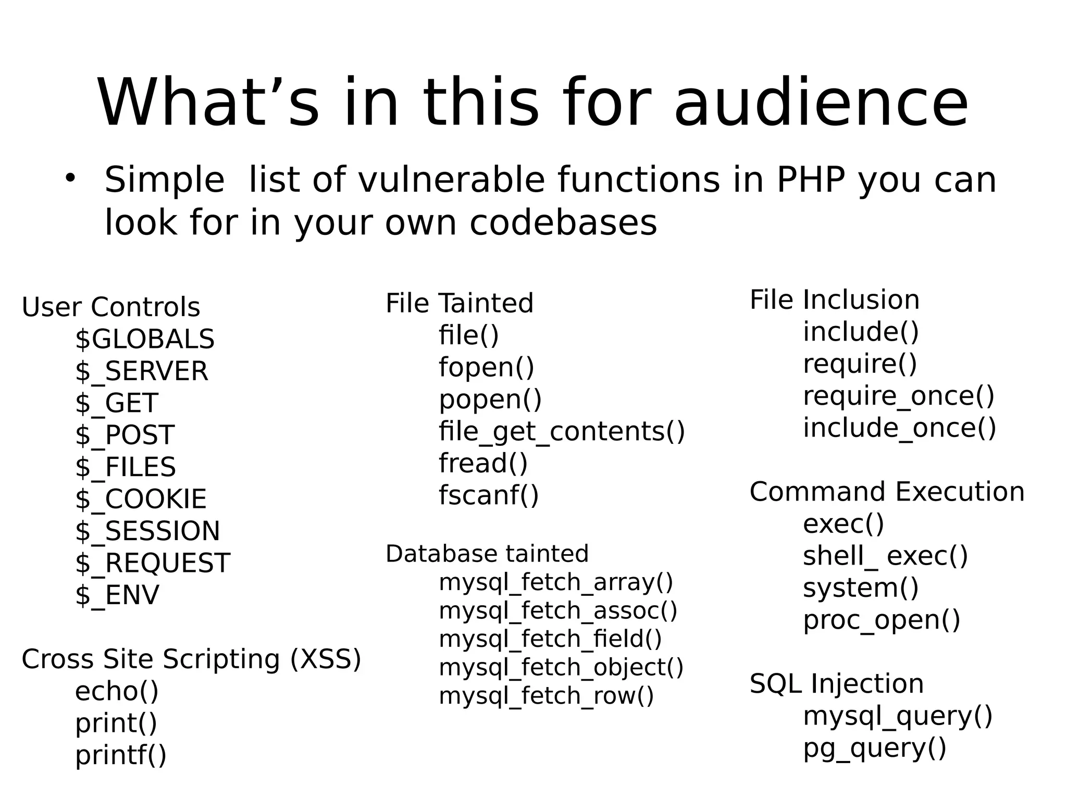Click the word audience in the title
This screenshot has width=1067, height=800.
(821, 103)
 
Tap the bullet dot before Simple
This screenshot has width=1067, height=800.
(70, 178)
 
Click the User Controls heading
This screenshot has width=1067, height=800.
(110, 307)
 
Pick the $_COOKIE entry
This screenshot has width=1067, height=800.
(141, 499)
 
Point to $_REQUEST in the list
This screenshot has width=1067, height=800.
(152, 563)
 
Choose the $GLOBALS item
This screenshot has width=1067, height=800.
(144, 339)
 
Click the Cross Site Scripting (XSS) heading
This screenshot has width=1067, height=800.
(191, 659)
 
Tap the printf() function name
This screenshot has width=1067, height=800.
(121, 755)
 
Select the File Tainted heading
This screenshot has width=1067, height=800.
(460, 303)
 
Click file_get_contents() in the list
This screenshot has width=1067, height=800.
(562, 431)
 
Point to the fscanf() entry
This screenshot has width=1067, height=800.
(489, 495)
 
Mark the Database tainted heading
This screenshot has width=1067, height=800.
(487, 554)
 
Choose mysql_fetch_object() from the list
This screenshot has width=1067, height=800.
(561, 667)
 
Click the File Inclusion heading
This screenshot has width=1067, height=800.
(835, 300)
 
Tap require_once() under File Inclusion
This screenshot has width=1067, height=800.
(899, 396)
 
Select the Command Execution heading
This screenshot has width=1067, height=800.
(887, 492)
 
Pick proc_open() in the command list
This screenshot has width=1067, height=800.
(882, 620)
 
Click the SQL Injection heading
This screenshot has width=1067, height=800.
(836, 683)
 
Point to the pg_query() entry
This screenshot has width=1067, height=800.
(874, 748)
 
